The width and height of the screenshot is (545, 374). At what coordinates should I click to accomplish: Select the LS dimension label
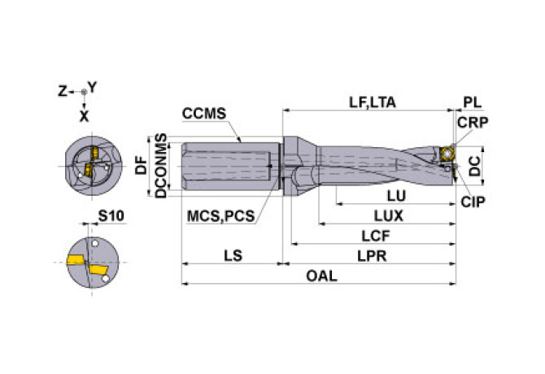point(232,256)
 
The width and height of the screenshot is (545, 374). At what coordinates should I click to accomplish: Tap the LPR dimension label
point(371,256)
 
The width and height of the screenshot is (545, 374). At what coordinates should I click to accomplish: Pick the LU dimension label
point(396,196)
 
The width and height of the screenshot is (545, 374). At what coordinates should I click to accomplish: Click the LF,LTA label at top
point(373,102)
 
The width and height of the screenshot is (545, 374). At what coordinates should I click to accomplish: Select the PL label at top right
point(472,102)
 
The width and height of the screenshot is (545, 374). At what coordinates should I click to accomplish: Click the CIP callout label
point(472,201)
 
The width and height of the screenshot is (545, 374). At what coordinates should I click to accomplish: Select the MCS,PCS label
point(220,216)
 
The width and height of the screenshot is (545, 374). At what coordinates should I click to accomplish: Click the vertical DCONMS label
point(161,165)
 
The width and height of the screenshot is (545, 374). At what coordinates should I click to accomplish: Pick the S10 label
point(111,216)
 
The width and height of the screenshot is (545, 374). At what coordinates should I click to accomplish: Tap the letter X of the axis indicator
point(84,115)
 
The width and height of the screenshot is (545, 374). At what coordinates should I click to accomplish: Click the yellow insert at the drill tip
point(447,154)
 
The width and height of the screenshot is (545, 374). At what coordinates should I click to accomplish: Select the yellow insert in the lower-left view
point(76,261)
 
